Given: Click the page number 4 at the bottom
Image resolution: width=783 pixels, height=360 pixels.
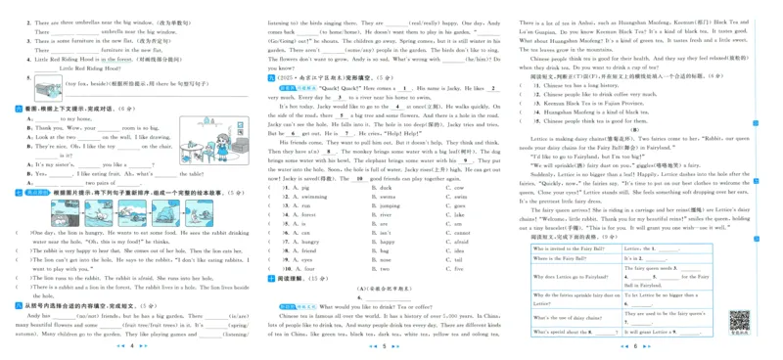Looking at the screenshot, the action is click(x=130, y=346).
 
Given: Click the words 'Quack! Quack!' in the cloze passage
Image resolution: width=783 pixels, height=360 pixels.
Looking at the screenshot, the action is click(x=325, y=88).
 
